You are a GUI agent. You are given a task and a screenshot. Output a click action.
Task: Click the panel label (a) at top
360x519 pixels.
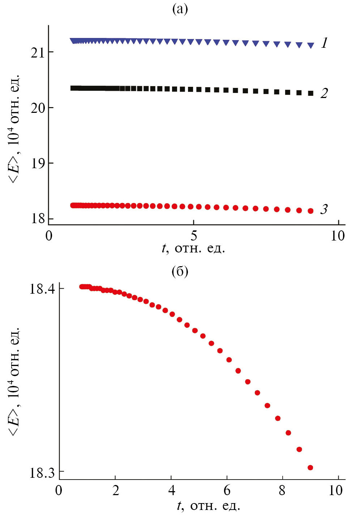pos(180,9)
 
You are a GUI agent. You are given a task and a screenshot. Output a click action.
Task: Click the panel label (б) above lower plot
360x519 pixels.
pos(180,271)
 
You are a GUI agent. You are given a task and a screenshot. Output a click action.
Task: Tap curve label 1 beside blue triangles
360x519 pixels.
pos(325,43)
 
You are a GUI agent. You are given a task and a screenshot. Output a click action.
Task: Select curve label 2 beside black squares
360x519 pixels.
pos(324,93)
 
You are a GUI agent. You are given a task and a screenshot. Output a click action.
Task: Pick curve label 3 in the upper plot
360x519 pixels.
pos(324,209)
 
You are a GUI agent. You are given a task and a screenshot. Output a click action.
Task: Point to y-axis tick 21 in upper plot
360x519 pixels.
pos(37,53)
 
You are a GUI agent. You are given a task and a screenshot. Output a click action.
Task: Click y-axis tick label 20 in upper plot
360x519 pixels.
pos(37,108)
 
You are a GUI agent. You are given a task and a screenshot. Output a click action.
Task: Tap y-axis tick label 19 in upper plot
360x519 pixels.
pos(37,163)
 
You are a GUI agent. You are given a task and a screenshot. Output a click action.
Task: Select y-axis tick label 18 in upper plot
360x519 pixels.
pos(37,219)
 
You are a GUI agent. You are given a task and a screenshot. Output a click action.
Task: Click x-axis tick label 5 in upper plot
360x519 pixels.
pos(194,236)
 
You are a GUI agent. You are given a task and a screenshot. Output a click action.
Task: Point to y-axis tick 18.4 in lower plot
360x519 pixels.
pos(42,289)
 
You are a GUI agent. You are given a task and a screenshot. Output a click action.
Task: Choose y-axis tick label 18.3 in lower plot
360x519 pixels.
pos(42,473)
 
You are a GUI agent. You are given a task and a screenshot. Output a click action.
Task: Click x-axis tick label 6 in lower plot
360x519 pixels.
pos(227,490)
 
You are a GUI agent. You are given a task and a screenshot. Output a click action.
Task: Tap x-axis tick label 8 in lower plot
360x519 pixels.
pos(282,490)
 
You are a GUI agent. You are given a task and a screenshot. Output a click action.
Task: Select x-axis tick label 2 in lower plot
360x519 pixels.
pos(116,490)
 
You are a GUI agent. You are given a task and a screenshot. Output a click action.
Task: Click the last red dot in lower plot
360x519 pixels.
pos(310,468)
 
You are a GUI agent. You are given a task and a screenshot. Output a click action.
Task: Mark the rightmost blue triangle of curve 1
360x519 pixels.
pos(310,45)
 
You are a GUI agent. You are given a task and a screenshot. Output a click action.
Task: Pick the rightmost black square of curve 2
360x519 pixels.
pos(310,93)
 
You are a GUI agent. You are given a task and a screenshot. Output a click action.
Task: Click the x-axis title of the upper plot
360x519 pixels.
pos(193,248)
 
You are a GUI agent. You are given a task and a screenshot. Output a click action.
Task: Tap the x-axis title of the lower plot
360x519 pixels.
pos(209,506)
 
